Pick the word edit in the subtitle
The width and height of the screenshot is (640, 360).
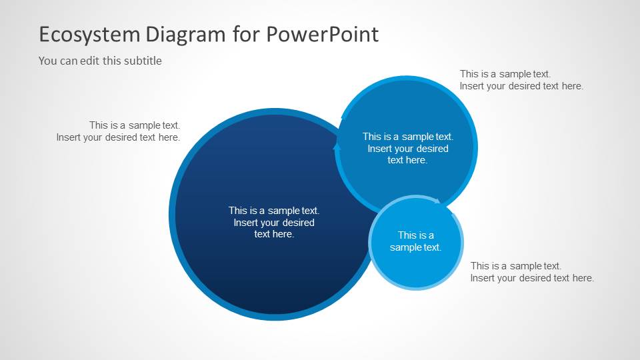[x=93, y=61]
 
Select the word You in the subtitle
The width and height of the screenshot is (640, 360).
[x=47, y=61]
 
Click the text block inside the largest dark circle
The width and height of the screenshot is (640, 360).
[x=274, y=222]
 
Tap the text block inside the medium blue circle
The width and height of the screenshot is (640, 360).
[x=407, y=148]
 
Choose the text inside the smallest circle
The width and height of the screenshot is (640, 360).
[x=415, y=241]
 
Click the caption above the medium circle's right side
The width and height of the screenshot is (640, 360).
[x=521, y=80]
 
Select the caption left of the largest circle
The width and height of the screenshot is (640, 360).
[x=118, y=131]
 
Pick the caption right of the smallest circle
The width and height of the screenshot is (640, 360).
[x=531, y=272]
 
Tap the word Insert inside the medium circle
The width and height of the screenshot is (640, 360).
[x=381, y=149]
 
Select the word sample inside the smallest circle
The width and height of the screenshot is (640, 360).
[x=406, y=247]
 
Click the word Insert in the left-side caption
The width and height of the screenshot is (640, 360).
[x=69, y=137]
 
